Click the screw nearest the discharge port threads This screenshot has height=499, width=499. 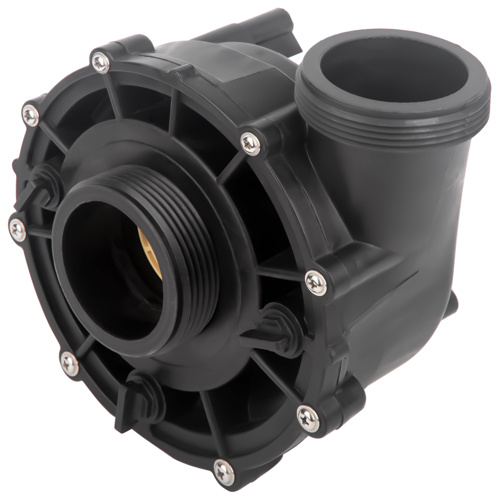pos(250,141)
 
